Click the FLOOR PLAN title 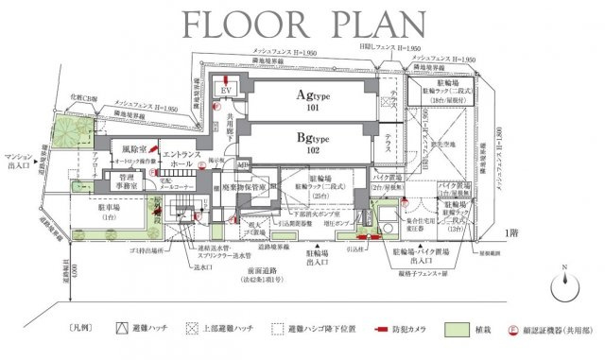pyautogui.click(x=302, y=23)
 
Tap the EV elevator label pyautogui.click(x=227, y=90)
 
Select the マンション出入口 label pyautogui.click(x=20, y=160)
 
